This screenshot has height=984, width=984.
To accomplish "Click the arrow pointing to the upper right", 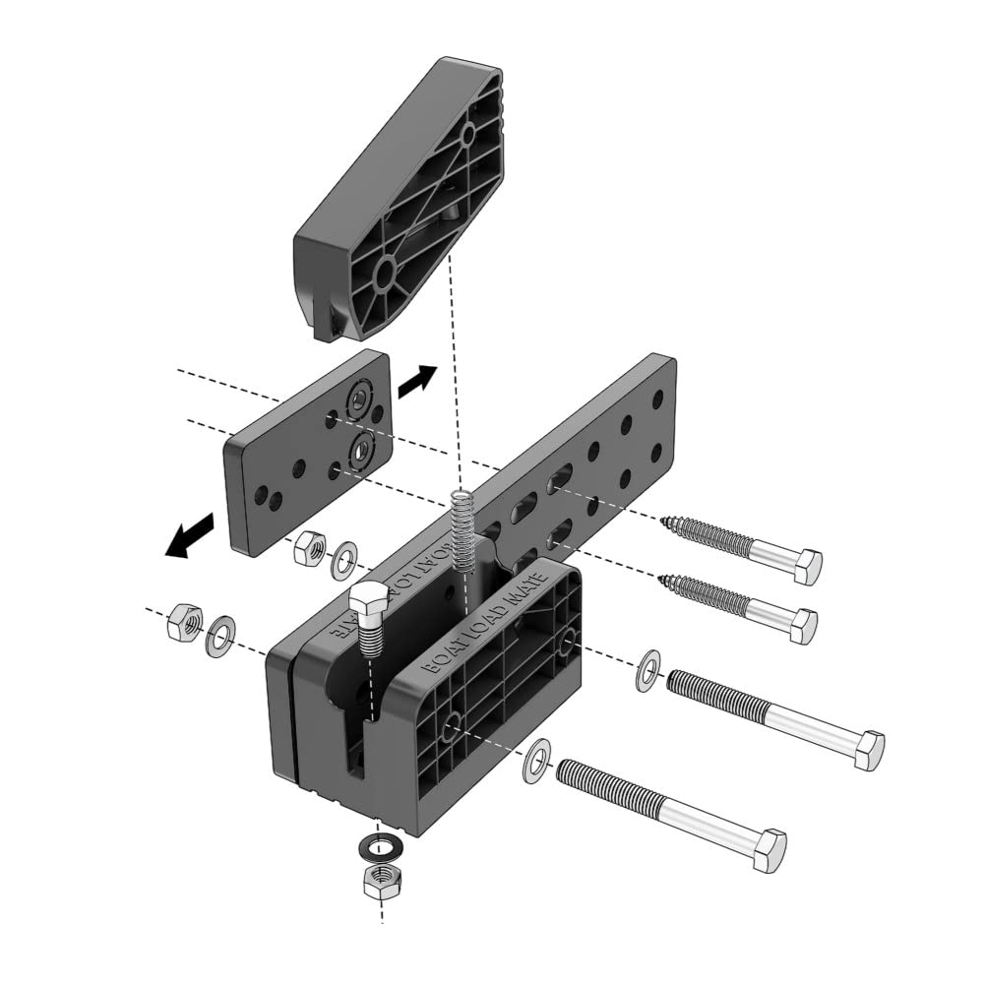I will click(x=416, y=381).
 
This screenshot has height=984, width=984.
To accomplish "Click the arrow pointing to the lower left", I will click(x=190, y=535).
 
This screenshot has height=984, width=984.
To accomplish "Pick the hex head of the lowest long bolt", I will click(x=767, y=849).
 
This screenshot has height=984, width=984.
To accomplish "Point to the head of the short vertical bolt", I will click(x=369, y=602).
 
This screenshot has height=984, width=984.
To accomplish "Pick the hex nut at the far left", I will click(x=185, y=622).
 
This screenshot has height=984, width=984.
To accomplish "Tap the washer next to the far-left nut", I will click(x=219, y=636).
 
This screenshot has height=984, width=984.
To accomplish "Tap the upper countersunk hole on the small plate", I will click(x=360, y=399).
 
